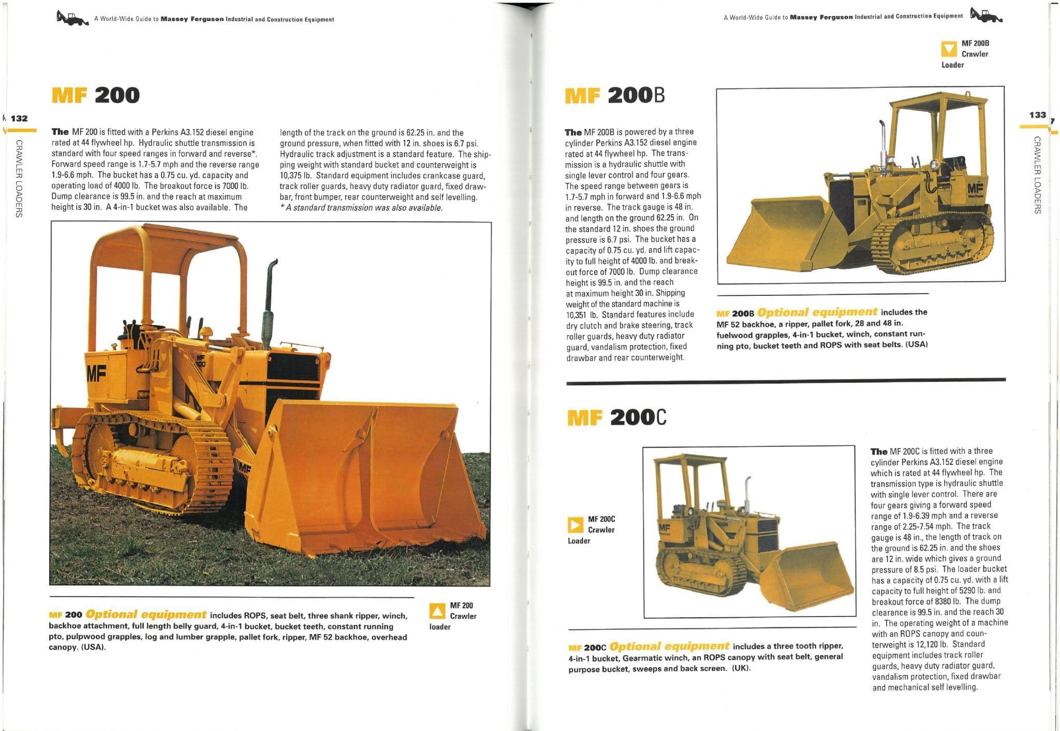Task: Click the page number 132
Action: tap(19, 118)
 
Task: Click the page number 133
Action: tap(1037, 115)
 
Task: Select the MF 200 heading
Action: tap(96, 95)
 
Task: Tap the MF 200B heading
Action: tap(614, 95)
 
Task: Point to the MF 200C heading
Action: tap(617, 417)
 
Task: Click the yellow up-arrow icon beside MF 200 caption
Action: tap(438, 611)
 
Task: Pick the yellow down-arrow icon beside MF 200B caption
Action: tap(948, 49)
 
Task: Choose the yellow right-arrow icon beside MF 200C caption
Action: tap(575, 525)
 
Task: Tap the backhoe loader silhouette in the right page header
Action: tap(986, 15)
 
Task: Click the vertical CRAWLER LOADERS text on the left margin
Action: tap(19, 179)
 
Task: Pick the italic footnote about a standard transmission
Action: tap(361, 208)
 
